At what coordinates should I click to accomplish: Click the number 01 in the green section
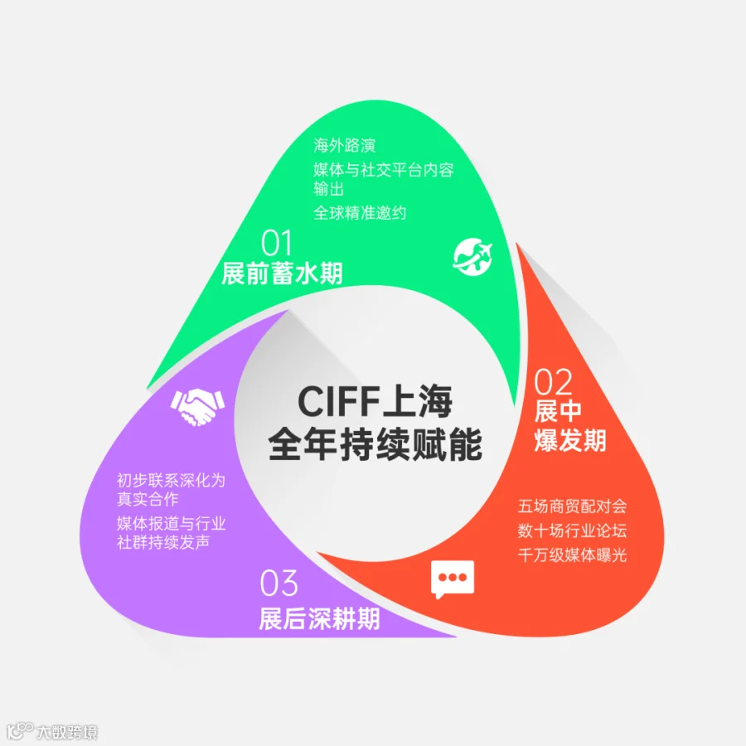[276, 243]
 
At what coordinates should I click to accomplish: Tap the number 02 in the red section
[552, 381]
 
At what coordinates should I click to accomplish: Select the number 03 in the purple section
[279, 583]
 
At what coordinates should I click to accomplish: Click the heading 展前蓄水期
[282, 274]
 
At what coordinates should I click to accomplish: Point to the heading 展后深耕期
[319, 619]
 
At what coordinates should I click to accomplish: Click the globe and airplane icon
[472, 258]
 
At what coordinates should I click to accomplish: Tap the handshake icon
[197, 407]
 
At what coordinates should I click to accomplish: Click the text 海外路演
[345, 146]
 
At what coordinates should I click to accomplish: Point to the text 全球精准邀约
[360, 213]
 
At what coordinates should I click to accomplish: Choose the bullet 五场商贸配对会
[572, 506]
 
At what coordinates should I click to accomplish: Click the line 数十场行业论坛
[572, 530]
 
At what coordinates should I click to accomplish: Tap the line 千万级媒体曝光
[572, 555]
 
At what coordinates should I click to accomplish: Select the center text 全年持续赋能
[375, 444]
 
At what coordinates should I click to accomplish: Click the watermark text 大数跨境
[66, 732]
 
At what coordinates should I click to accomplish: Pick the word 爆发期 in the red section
[570, 440]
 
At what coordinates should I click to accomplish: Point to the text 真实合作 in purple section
[148, 499]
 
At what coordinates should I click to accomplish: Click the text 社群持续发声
[163, 542]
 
